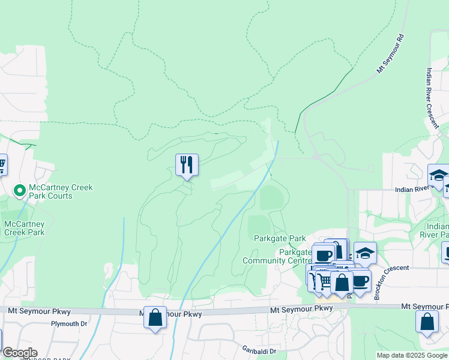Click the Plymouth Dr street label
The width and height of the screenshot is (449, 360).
70,323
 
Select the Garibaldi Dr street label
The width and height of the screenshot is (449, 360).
259,351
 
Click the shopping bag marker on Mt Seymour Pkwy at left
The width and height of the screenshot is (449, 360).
155,317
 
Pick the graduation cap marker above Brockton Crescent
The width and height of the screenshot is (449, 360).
364,253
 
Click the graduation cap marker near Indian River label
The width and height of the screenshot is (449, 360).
438,175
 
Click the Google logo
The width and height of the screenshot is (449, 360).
19,353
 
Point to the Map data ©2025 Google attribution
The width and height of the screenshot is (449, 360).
411,355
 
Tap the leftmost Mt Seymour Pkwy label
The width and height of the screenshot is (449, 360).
40,311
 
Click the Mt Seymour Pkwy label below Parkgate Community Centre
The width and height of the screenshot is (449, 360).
301,309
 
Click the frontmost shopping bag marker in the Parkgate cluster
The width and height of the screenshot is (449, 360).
342,282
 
